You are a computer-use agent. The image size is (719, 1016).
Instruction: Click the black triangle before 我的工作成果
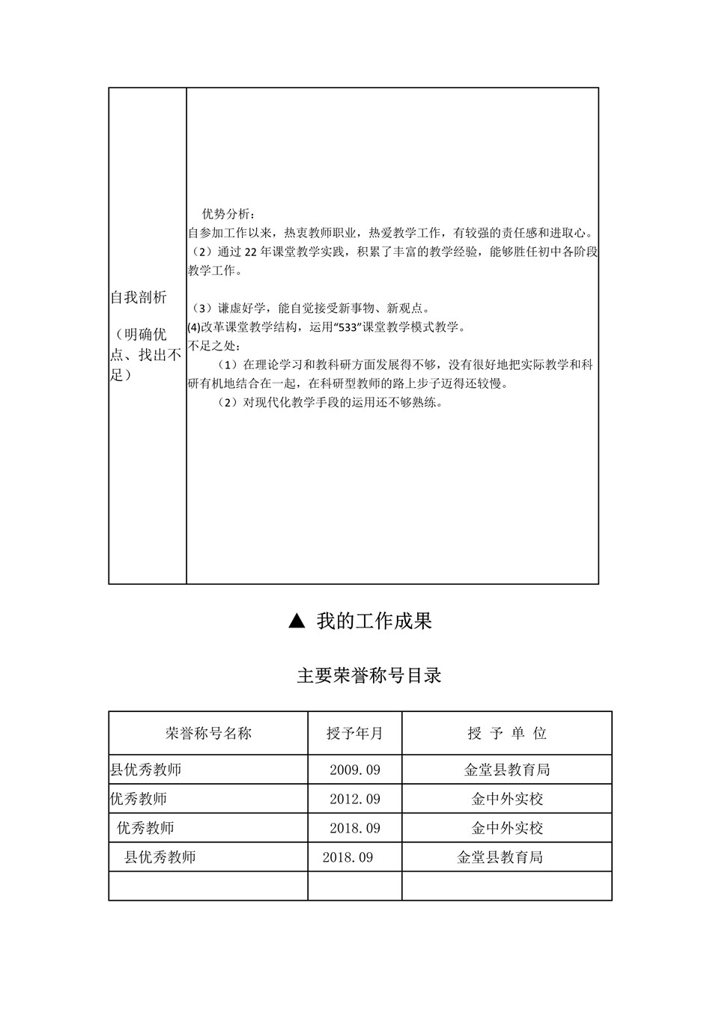[297, 621]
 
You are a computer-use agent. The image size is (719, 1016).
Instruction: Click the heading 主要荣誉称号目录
[369, 675]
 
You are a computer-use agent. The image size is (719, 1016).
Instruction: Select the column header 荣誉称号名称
[208, 733]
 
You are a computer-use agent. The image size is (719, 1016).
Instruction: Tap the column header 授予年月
[355, 733]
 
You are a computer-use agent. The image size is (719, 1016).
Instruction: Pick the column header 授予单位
[507, 733]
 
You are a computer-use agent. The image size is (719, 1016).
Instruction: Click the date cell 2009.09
[355, 770]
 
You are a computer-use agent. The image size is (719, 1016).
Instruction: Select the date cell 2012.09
[355, 799]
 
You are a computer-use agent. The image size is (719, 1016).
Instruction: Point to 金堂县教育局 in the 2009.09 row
[507, 770]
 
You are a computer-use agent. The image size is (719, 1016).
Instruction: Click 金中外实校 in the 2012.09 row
[507, 799]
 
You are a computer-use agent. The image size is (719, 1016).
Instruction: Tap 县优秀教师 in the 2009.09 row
[146, 770]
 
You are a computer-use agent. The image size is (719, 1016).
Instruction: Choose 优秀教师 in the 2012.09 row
[139, 799]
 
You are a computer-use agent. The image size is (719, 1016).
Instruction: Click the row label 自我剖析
[139, 297]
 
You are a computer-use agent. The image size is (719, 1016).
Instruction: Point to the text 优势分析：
[228, 214]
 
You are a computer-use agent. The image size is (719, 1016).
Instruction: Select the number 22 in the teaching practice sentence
[251, 252]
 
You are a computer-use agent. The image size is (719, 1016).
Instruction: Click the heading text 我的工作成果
[374, 621]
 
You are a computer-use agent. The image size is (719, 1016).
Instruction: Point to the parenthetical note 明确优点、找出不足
[147, 354]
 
